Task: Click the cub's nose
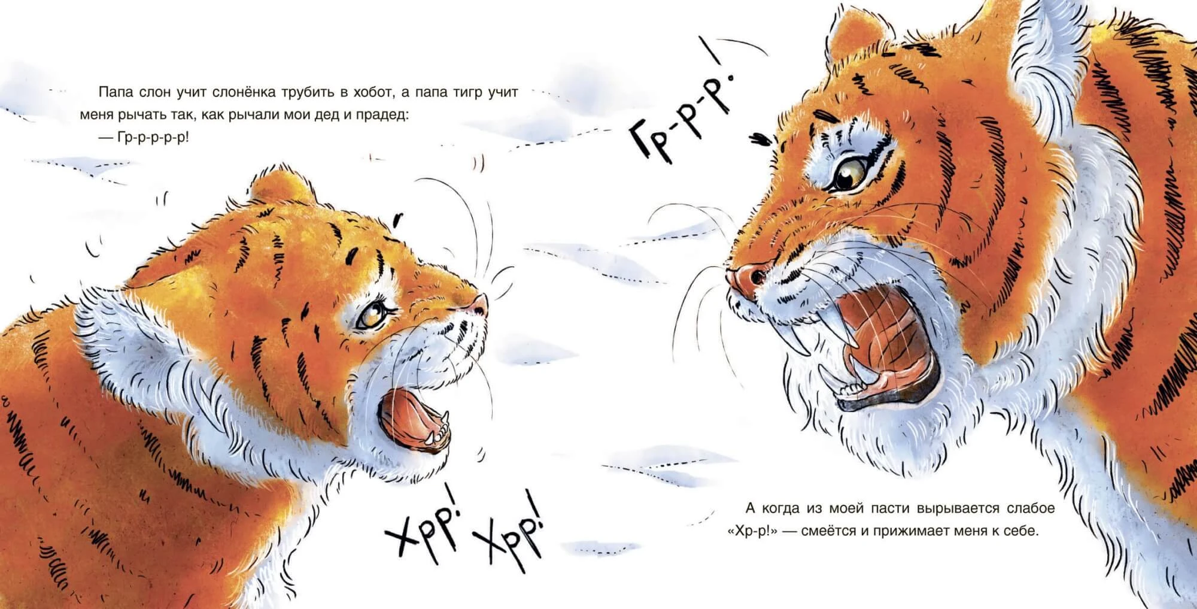[x=479, y=305]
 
